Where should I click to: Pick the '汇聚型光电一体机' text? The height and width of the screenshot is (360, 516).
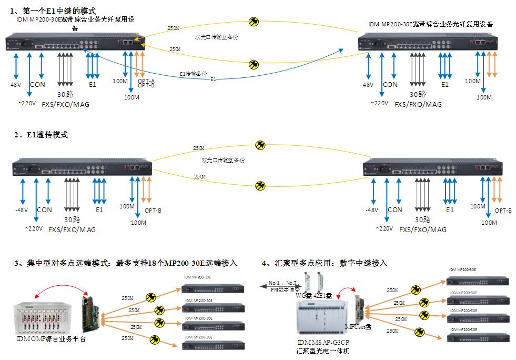click(322, 351)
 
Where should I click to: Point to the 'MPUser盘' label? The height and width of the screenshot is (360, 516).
click(358, 327)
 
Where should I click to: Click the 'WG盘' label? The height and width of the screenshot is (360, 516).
click(303, 296)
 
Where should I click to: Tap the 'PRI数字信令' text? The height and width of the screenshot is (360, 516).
click(284, 289)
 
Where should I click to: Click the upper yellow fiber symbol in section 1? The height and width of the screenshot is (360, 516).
click(254, 22)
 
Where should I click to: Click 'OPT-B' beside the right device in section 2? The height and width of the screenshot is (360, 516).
click(503, 210)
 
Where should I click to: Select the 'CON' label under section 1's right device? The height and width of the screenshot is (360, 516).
click(390, 84)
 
